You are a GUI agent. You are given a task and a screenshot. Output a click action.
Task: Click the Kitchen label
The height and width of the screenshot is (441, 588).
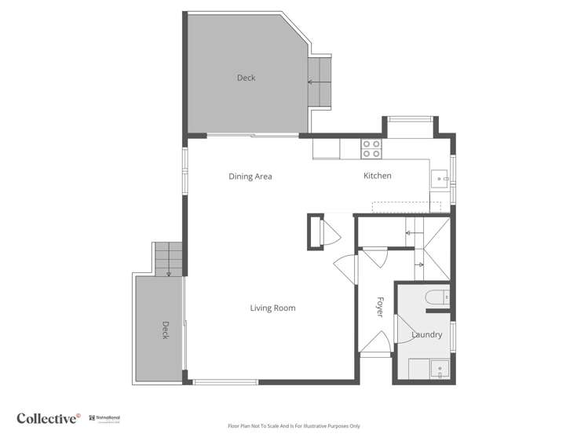coord(377,176)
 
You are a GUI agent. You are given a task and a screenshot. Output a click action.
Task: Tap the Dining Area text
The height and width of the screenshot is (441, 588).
coord(250,177)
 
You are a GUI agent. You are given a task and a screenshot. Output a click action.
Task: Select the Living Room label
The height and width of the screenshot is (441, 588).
coord(272,308)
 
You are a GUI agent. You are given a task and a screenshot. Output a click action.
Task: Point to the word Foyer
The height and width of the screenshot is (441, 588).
coord(380,306)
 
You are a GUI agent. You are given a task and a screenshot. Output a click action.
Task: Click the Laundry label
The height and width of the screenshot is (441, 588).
coord(427,335)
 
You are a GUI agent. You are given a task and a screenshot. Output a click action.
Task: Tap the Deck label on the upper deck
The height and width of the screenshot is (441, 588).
coord(246,78)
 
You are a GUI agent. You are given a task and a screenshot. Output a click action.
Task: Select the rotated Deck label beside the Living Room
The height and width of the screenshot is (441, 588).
coord(166,330)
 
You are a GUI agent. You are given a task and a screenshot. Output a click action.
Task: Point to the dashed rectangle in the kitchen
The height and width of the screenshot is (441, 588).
coord(406,206)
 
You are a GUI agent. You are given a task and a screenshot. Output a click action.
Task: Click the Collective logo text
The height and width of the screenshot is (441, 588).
coord(48,418)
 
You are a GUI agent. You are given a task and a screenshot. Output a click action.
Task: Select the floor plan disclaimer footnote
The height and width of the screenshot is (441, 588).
coord(294,426)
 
